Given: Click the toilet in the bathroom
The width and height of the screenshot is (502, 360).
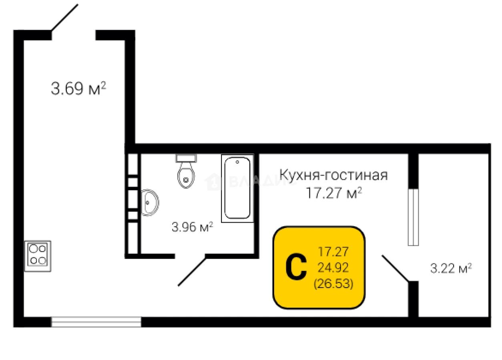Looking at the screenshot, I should pos(186,175).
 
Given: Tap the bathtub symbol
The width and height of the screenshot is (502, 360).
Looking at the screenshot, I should pos(237,187).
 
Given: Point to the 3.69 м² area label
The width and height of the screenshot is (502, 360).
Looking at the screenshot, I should pos(78,88).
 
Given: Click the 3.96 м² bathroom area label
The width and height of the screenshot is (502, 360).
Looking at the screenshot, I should pos(192,227).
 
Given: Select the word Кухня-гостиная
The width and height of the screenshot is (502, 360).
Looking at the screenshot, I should pos(333,175).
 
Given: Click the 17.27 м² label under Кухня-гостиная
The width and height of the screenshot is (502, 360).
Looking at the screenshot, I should pos(334,193).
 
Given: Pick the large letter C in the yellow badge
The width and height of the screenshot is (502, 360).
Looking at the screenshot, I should pos(297,268).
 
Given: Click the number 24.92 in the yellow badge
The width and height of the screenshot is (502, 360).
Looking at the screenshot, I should pos(333,267).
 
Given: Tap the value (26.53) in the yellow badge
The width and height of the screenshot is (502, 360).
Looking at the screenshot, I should pos(333,284).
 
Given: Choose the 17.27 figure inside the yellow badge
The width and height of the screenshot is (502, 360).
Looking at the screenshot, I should pos(333,252).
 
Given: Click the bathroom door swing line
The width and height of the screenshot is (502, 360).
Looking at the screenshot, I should pos(192,272).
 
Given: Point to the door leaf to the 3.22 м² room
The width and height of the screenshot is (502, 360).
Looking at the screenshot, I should pos(396,269).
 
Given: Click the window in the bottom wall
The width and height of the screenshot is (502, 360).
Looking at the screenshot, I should pos(96,322).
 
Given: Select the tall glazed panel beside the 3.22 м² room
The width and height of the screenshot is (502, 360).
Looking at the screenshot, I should pos(413,217).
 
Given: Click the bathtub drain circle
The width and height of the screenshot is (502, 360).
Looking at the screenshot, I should pos(237,162).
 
